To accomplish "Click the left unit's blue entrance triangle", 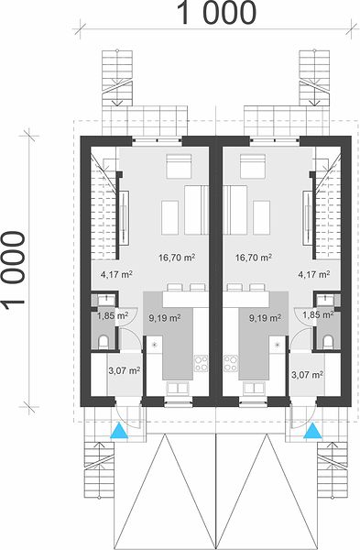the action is click(119, 431).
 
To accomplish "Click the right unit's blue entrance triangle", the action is click(313, 431).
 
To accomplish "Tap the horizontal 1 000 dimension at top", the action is click(217, 13).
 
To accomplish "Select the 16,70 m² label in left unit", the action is click(177, 258).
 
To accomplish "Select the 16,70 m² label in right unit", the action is click(254, 258).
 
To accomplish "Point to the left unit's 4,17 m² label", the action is click(116, 274).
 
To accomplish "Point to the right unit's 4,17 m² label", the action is click(313, 274).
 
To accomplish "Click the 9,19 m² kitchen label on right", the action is click(265, 318).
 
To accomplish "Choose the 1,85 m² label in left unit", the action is click(113, 315).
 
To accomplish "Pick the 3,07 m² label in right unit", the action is click(308, 375).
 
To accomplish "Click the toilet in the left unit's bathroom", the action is click(104, 342).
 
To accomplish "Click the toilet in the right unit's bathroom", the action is click(328, 342).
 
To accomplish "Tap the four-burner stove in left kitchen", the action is click(201, 363).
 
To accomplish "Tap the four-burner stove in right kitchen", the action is click(231, 363).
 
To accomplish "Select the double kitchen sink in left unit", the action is click(179, 388).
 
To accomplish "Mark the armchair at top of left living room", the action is click(179, 166).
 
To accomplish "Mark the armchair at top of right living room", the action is click(253, 166).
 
